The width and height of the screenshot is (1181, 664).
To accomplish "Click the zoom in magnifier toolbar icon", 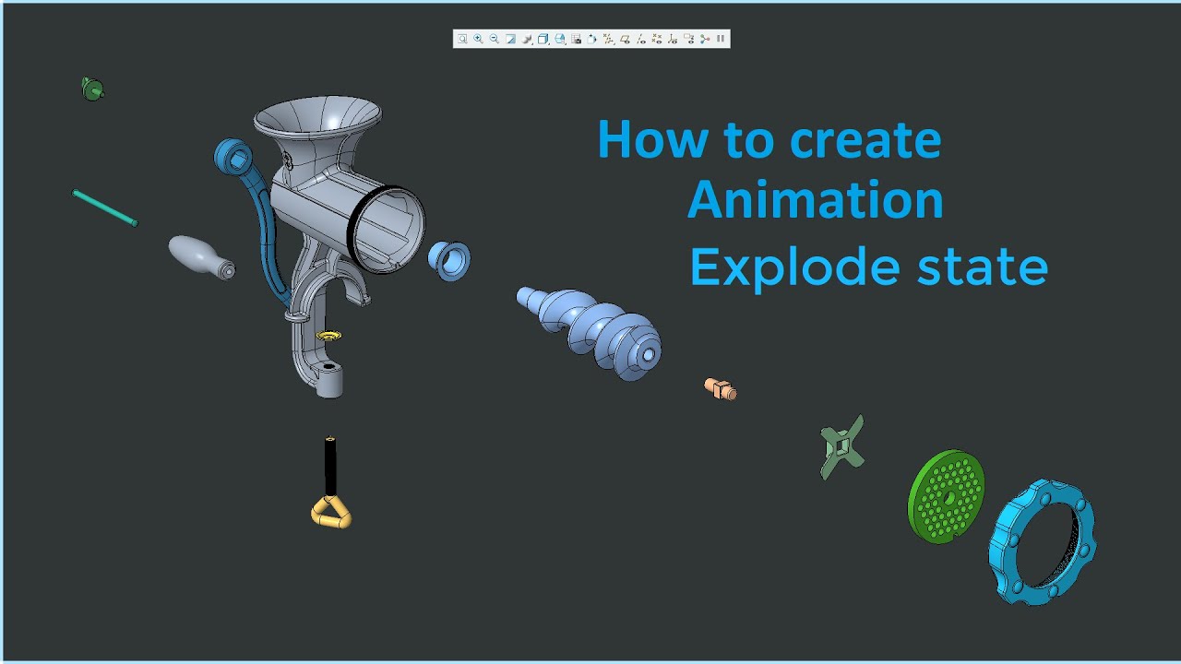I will pos(478,39).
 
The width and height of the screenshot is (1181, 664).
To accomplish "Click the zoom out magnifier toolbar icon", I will pos(494,39).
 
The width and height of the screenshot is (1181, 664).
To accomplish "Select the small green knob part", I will pos(91,89).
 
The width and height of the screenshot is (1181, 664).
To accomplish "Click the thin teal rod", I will pos(104,207).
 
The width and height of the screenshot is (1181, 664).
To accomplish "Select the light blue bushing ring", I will pos(449,260).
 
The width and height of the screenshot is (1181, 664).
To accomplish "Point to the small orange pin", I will pos(720,388).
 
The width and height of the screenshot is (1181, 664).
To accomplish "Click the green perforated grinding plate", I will pos(947,496).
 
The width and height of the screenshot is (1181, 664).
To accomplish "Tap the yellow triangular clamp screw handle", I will pos(331,512).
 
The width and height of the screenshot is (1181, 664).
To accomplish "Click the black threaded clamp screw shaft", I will pos(330,465).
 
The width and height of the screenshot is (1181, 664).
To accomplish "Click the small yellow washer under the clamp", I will pos(328,334).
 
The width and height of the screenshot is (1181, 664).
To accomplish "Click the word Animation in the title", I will pos(816,201).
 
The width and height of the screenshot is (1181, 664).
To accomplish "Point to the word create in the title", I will pos(853,140).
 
